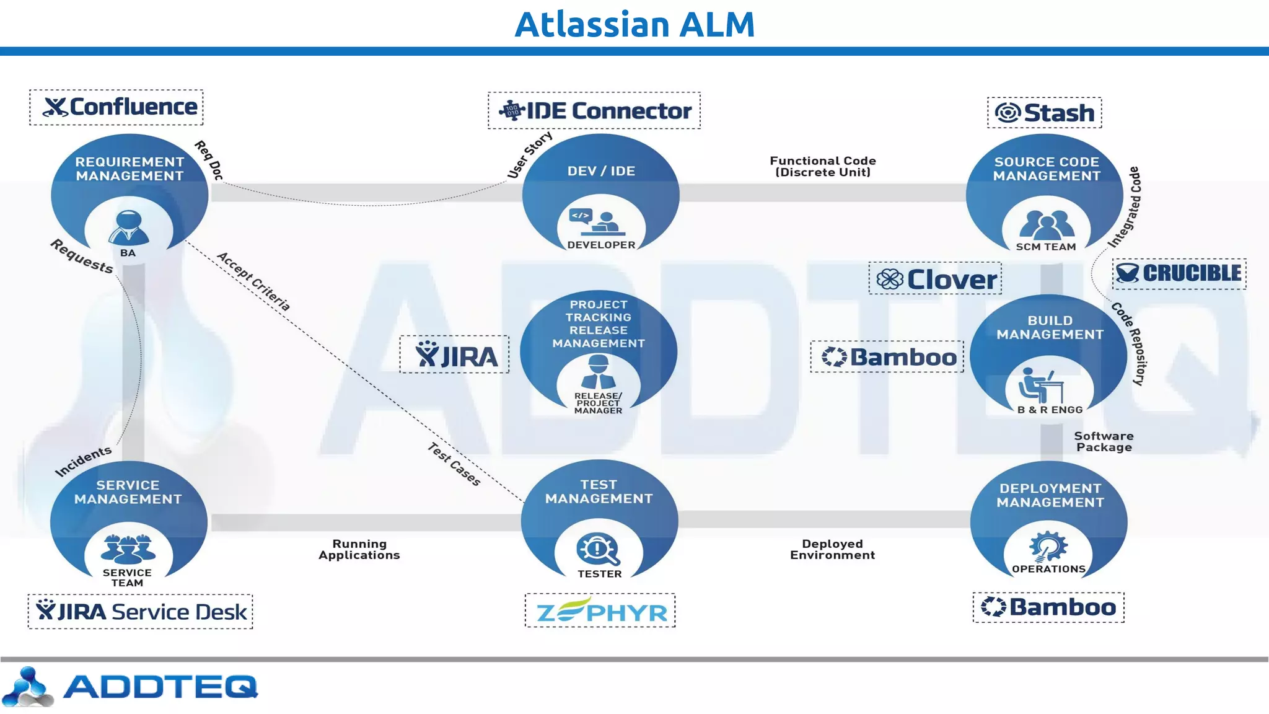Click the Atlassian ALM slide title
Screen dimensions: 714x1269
634,25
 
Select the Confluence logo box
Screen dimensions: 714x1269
116,107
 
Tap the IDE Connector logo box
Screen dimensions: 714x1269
594,111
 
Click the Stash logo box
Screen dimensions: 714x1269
1044,113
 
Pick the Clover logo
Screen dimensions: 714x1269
935,279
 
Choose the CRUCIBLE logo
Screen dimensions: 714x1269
1180,273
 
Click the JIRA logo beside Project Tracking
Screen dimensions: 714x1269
454,355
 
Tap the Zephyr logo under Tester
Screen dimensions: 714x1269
600,610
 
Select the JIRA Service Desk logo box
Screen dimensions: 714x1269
141,612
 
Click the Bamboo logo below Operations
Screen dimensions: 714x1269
1048,607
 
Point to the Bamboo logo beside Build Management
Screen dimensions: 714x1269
887,357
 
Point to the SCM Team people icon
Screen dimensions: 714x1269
1047,225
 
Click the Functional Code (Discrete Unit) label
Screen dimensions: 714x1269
823,166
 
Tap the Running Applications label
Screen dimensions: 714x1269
359,549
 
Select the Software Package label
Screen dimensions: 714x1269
1104,441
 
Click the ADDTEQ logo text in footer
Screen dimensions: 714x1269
160,686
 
